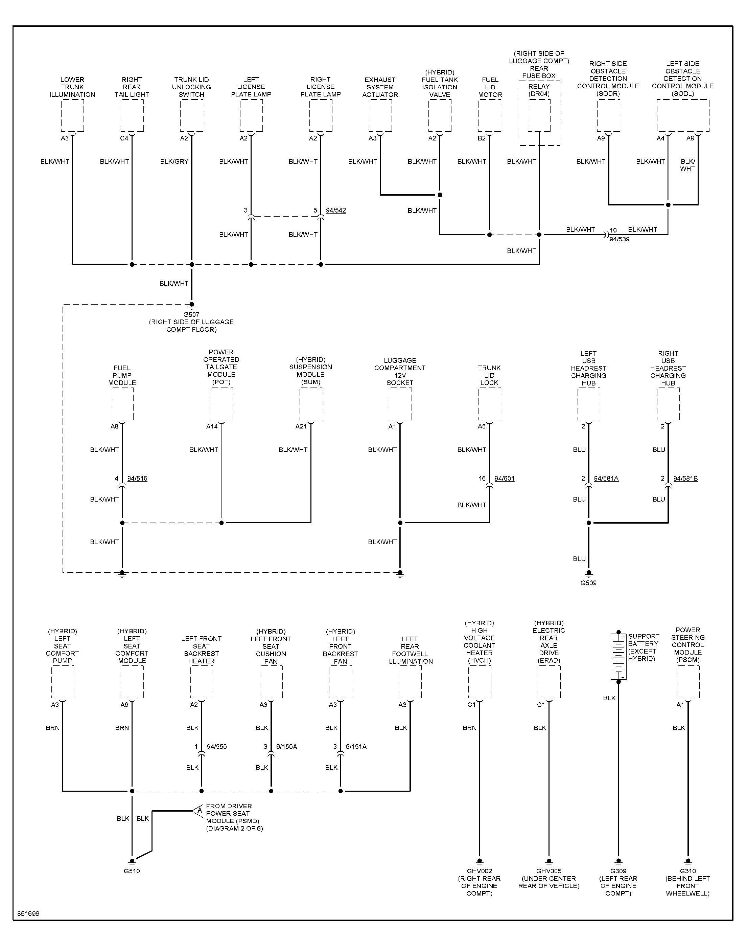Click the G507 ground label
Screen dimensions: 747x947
191,314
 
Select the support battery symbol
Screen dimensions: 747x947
618,656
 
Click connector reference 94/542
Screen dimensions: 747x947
336,210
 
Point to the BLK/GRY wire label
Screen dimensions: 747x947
174,161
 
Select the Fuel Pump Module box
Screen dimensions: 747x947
122,404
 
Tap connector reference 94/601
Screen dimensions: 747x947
505,478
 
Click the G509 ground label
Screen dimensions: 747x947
588,583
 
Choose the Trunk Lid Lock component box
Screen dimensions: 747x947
489,404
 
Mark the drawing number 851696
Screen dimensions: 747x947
28,914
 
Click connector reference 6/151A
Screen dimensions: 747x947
356,747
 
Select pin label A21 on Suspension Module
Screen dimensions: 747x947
301,426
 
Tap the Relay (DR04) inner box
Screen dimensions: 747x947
539,115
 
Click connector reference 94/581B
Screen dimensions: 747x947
685,478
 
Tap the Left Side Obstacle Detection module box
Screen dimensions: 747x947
683,115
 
